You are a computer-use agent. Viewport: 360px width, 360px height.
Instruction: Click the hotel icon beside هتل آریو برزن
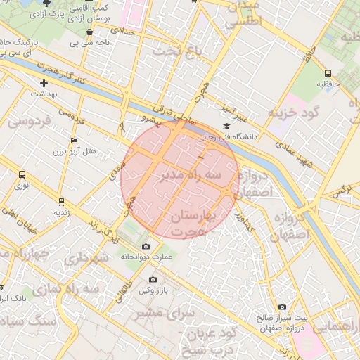[75, 140]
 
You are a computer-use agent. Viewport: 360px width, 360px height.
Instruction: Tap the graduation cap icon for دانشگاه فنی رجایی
[226, 127]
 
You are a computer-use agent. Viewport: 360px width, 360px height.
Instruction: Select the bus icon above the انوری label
[22, 174]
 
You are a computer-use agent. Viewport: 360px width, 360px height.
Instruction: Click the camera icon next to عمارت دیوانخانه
[146, 247]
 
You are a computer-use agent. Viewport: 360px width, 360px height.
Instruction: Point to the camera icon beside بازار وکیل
[153, 280]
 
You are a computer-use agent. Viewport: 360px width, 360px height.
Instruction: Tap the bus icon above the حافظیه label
[328, 73]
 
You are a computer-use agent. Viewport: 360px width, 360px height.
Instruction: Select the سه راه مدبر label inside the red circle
[190, 173]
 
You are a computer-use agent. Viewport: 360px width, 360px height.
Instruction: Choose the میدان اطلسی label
[243, 13]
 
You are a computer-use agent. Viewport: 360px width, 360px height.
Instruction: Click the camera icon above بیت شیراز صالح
[282, 307]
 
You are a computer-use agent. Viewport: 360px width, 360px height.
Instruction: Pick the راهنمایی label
[337, 328]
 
